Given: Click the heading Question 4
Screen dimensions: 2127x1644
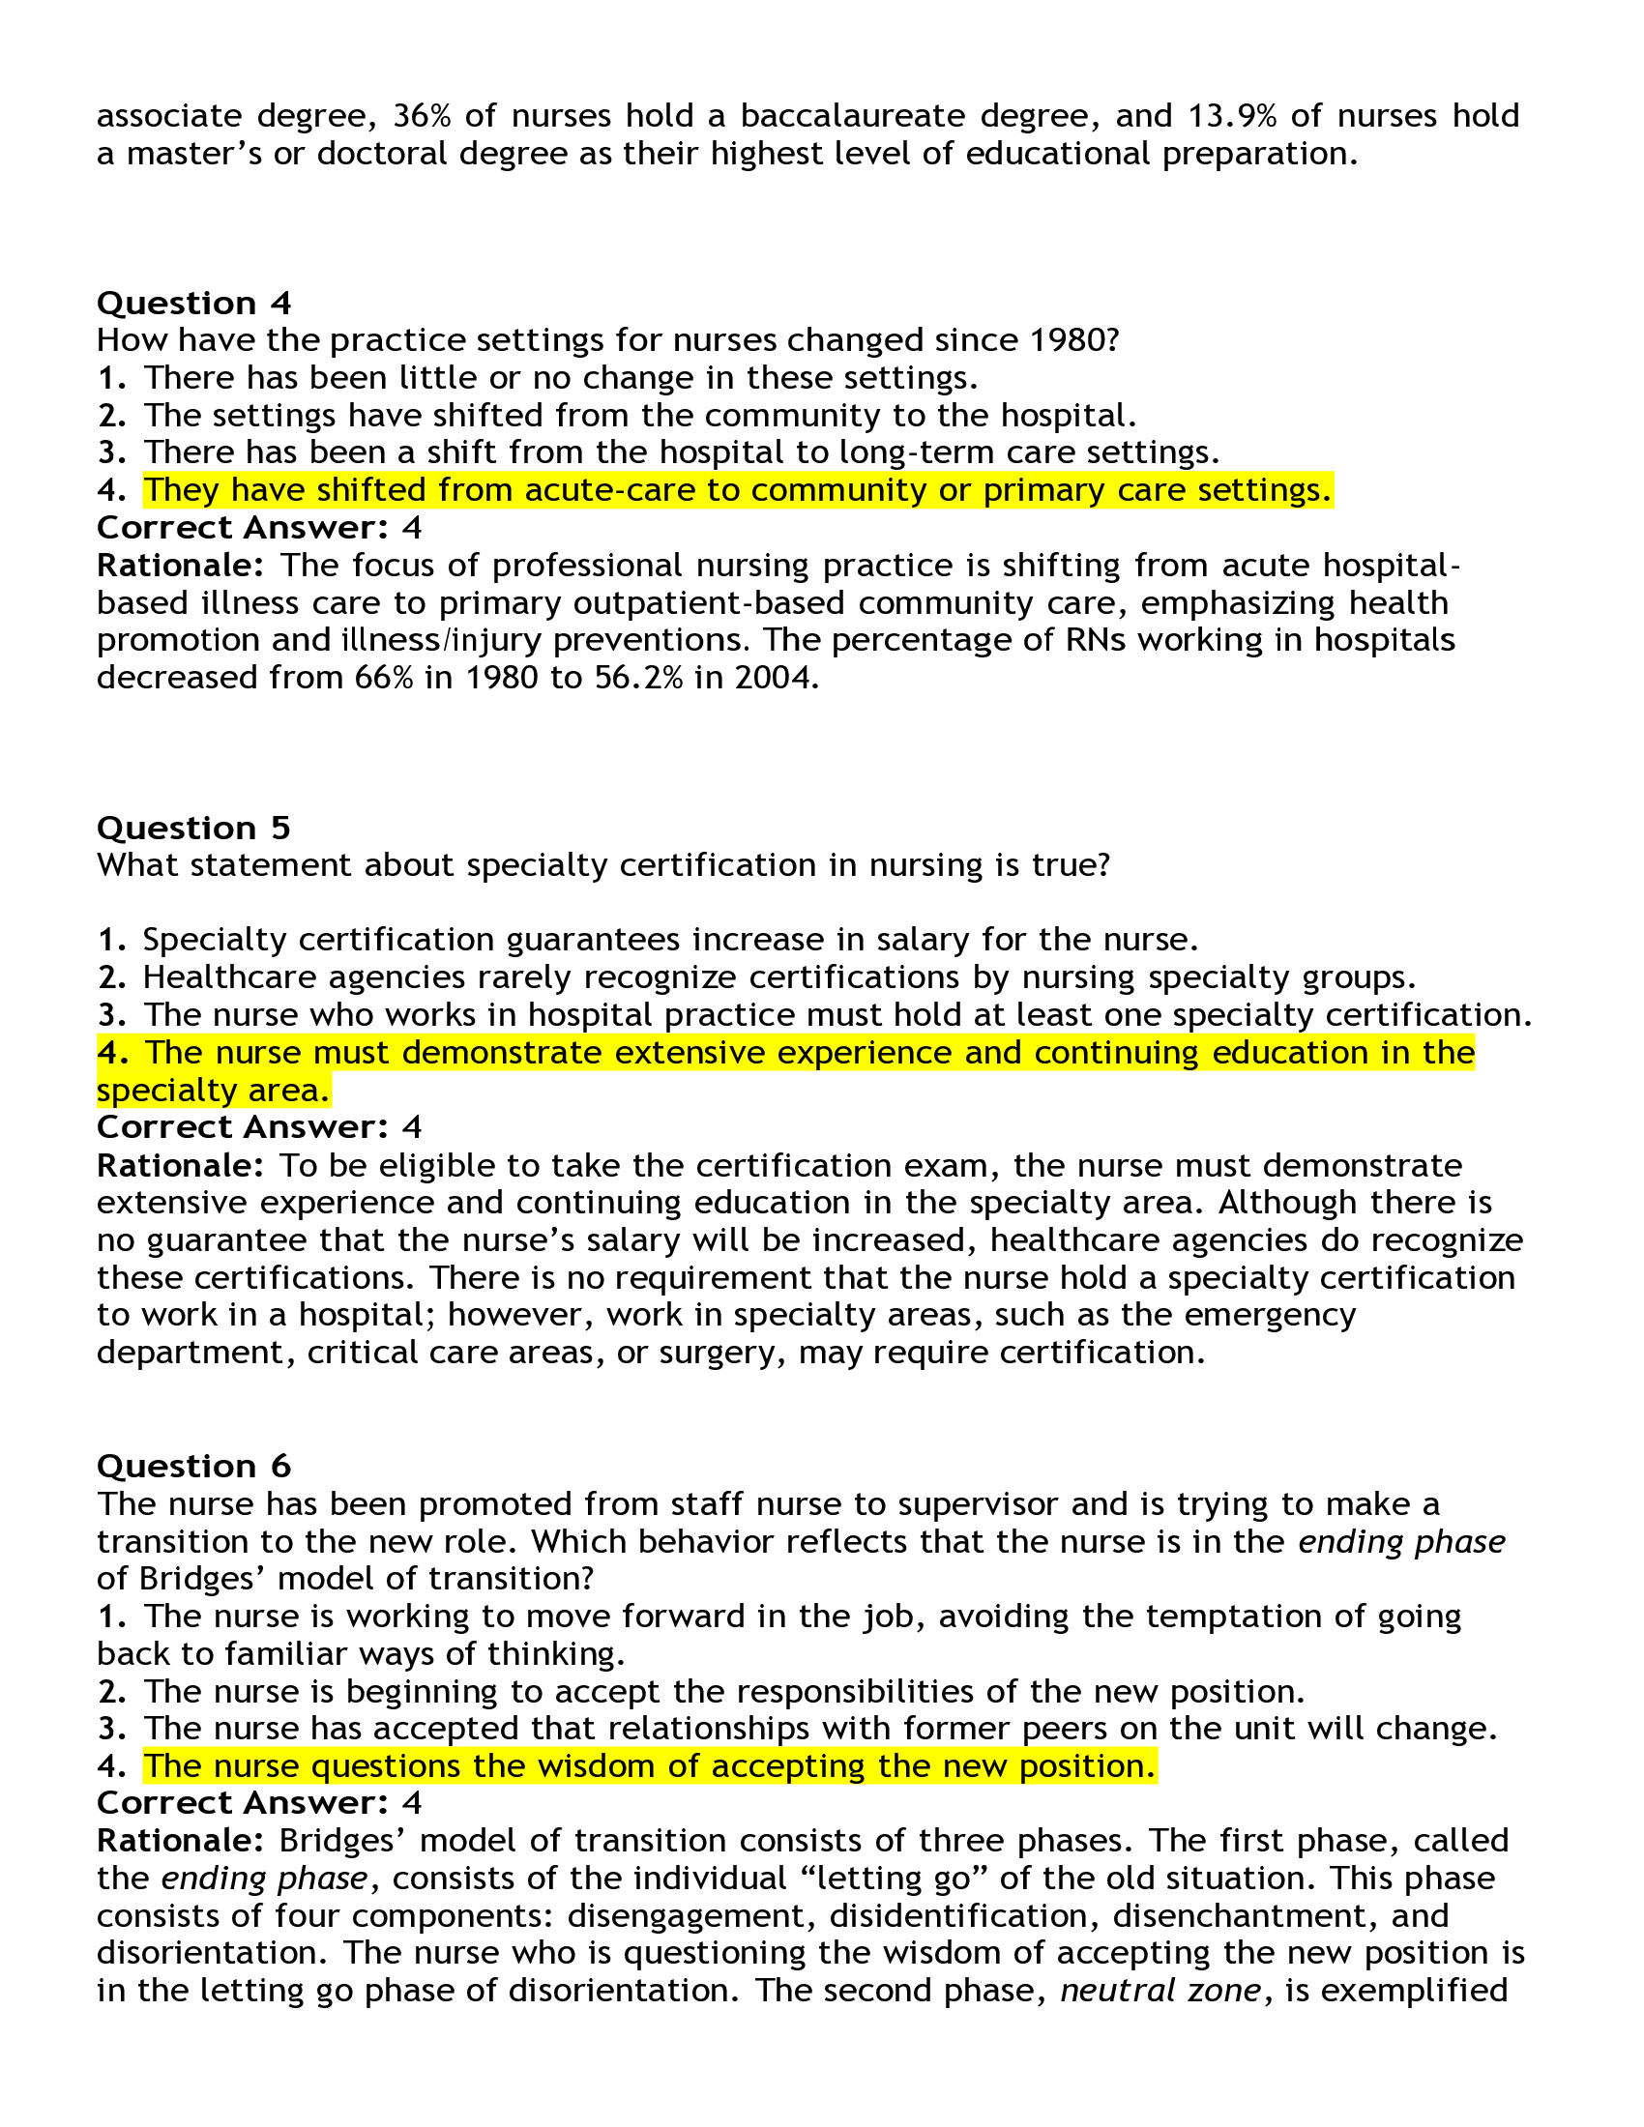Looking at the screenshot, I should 193,303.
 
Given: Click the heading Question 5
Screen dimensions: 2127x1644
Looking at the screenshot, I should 193,828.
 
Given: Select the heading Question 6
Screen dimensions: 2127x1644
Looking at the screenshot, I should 193,1466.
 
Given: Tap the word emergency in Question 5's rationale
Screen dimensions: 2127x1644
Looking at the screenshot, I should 1271,1315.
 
